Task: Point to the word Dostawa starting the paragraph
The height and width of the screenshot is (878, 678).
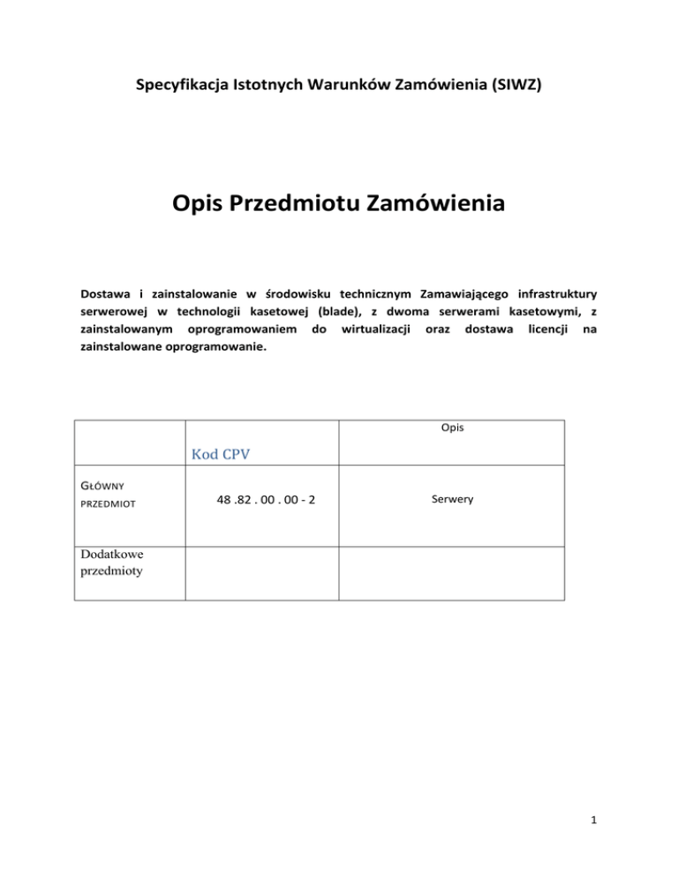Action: pyautogui.click(x=105, y=291)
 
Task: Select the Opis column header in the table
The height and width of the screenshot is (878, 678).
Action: pyautogui.click(x=452, y=428)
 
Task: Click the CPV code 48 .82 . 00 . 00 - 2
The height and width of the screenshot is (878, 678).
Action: pyautogui.click(x=267, y=500)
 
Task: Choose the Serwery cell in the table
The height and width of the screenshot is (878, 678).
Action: pyautogui.click(x=452, y=499)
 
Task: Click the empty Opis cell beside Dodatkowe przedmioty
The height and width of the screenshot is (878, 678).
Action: pyautogui.click(x=452, y=572)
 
